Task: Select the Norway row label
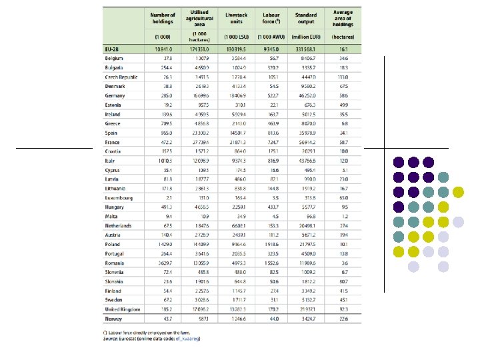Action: click(x=114, y=320)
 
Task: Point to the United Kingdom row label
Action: click(x=122, y=310)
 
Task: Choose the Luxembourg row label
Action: click(x=119, y=198)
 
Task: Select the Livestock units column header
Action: click(x=237, y=15)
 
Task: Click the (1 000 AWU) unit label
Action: click(x=271, y=35)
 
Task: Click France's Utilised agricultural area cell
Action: click(x=199, y=143)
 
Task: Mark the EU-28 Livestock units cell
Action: click(x=237, y=49)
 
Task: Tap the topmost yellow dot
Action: click(x=458, y=193)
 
